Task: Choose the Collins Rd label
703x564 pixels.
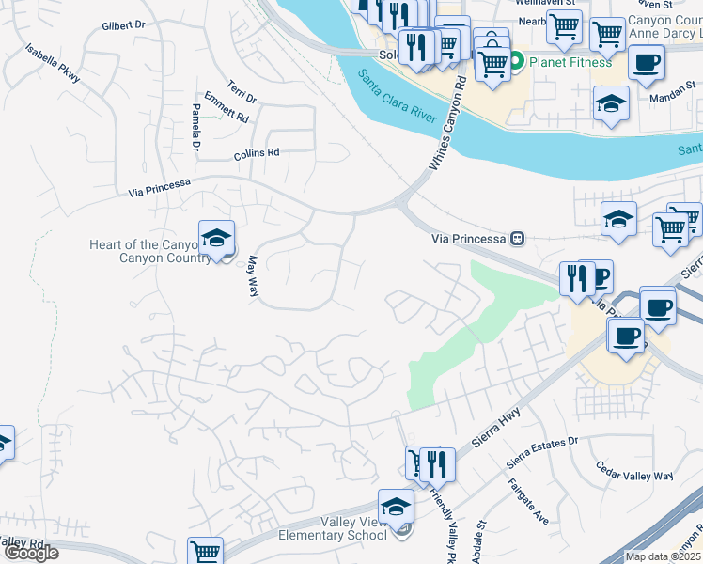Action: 258,152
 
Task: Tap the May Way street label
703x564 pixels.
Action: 252,278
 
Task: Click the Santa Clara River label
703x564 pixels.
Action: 396,97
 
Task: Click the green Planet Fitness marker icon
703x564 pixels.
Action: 516,63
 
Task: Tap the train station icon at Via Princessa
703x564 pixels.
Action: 516,239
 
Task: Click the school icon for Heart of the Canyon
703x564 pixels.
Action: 216,238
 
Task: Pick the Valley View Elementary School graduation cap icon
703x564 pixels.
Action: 396,507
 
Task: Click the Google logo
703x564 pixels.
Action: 31,553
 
